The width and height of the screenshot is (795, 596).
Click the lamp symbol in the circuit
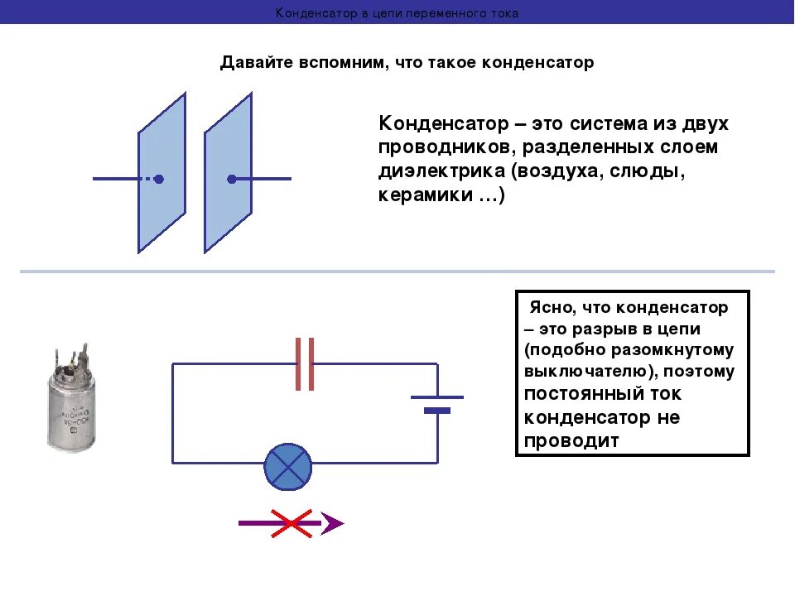pos(287,466)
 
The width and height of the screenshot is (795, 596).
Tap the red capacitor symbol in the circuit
pos(305,363)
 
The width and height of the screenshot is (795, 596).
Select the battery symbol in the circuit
pos(437,403)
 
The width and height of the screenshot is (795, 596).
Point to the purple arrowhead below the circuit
pos(332,523)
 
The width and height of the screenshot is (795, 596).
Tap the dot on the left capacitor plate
pos(159,179)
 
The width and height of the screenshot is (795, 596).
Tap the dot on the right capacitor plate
pos(232,179)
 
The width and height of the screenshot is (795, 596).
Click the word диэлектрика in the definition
pos(440,172)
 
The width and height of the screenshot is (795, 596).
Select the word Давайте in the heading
pos(251,63)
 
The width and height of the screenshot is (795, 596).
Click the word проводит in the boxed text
pos(572,440)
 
